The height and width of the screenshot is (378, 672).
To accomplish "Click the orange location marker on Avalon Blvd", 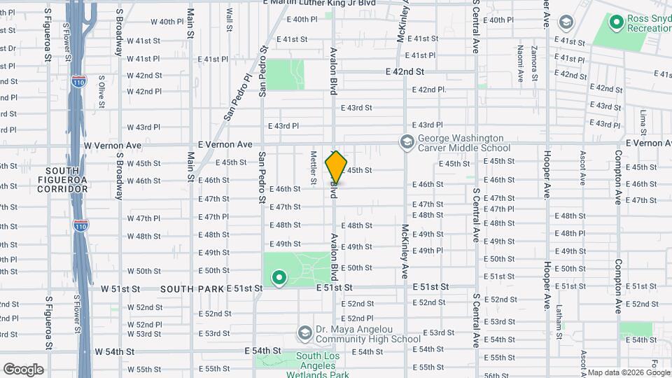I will click(336, 167).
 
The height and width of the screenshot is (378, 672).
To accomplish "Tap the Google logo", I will click(23, 369).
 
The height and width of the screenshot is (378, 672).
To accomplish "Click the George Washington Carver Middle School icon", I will click(406, 143).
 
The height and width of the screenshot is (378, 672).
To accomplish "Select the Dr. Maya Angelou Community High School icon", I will click(304, 332).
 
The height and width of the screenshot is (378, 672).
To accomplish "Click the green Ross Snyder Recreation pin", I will click(617, 23).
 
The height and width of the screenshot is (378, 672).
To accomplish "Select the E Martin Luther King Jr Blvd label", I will click(319, 3).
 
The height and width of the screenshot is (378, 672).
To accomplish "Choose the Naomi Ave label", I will click(519, 62).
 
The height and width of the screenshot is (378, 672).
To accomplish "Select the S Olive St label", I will click(101, 91).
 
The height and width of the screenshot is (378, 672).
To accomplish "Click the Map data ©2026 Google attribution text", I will click(629, 372).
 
